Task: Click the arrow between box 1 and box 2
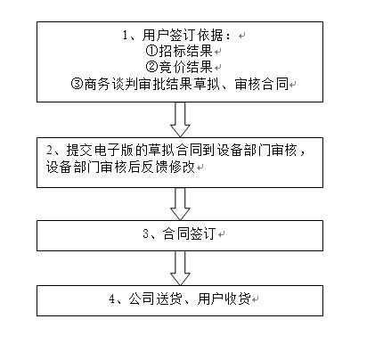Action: tap(180, 119)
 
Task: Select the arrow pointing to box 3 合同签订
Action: tap(180, 204)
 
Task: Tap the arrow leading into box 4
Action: tap(180, 268)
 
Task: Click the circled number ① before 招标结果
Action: tap(151, 51)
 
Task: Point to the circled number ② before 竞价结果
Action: tap(151, 67)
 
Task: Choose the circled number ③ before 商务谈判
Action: tap(77, 84)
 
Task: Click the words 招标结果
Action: tap(186, 51)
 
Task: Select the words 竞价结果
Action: tap(186, 67)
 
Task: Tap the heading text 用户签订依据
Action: tap(183, 35)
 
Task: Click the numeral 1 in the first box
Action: tap(126, 36)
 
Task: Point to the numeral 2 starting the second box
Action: tap(50, 150)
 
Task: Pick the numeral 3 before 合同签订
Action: tap(146, 233)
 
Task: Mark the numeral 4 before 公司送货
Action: tap(112, 299)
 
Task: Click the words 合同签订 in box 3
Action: tap(189, 233)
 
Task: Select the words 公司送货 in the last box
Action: tap(155, 299)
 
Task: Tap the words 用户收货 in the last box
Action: tap(224, 299)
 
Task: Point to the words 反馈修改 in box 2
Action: tap(168, 167)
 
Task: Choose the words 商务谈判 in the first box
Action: tap(111, 84)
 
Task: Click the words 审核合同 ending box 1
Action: tap(262, 84)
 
